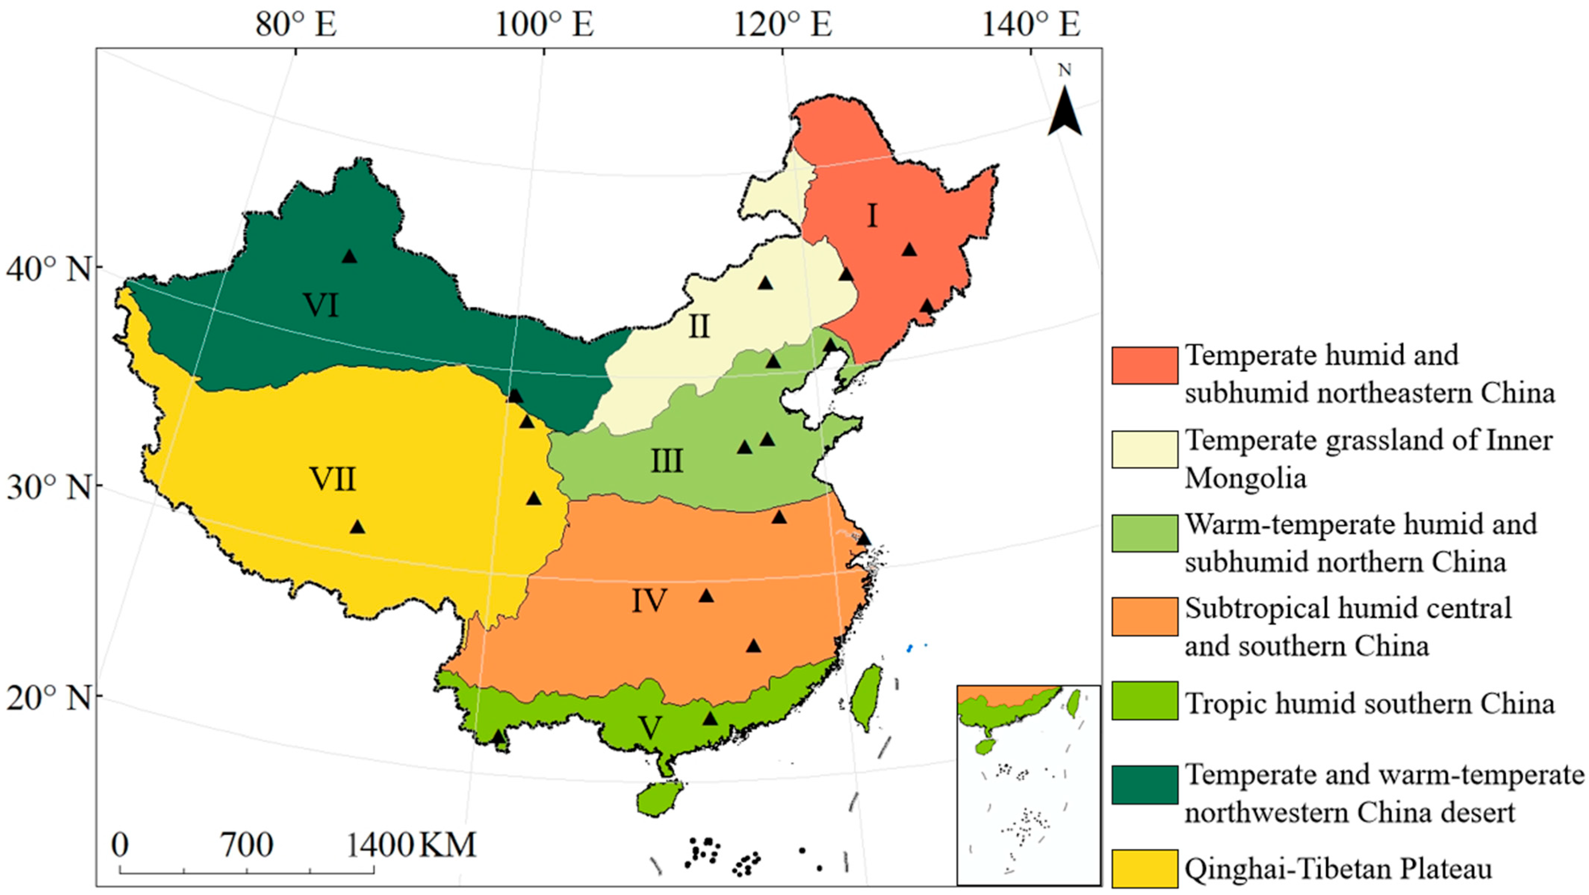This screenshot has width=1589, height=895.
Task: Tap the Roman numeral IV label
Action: (649, 600)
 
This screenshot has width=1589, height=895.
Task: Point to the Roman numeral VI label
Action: (322, 305)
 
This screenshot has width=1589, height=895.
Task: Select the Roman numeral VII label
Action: (332, 479)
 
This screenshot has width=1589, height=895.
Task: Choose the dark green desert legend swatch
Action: (1144, 784)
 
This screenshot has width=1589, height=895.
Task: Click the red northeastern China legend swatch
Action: (1144, 365)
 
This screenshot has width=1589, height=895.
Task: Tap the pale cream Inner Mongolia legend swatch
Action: (1144, 449)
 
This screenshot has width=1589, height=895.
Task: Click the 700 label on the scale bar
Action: (247, 845)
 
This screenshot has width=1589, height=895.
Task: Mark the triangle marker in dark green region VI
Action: (350, 256)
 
